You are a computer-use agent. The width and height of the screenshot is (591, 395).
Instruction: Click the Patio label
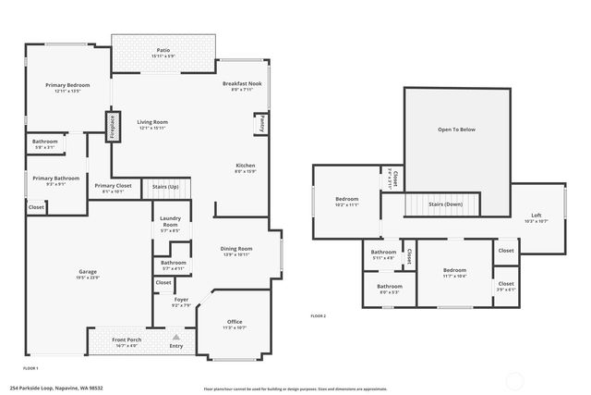click(163, 50)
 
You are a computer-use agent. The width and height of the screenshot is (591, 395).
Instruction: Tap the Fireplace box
click(113, 126)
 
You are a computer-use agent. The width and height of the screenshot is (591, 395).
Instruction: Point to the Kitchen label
click(245, 166)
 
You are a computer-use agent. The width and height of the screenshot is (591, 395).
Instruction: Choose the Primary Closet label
click(113, 186)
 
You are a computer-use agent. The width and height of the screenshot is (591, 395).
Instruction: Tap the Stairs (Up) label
click(165, 187)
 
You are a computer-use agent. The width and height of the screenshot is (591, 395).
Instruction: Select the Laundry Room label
click(170, 222)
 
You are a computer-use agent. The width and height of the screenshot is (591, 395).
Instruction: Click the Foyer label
click(182, 300)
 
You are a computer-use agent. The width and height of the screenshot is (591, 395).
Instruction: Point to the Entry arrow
click(175, 338)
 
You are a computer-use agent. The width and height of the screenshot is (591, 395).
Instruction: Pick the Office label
click(234, 321)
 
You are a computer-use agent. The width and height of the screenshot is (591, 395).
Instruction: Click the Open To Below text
click(456, 130)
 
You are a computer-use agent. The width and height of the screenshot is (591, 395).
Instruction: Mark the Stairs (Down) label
click(445, 204)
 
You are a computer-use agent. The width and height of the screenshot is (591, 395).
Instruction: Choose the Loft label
click(537, 215)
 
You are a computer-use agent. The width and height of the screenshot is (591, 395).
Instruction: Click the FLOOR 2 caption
click(319, 316)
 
